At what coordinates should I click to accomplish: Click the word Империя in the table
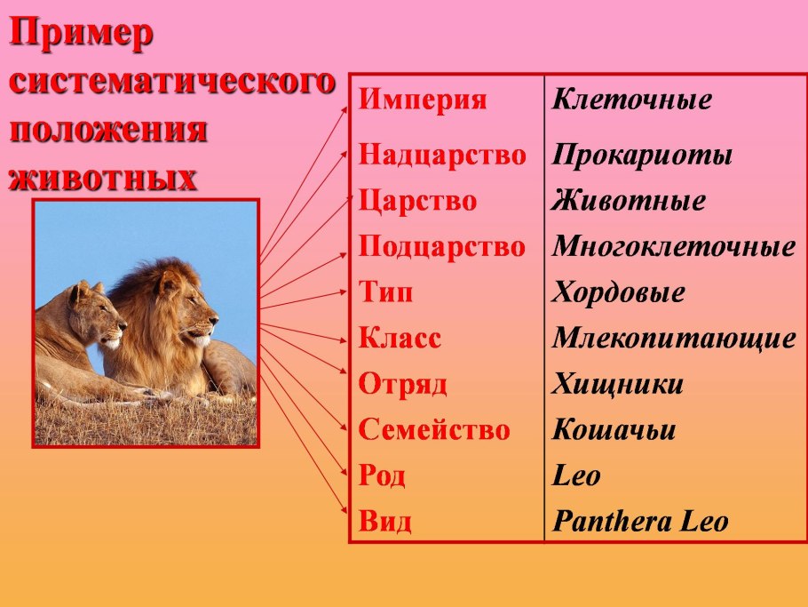click(423, 100)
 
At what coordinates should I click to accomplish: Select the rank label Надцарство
click(442, 155)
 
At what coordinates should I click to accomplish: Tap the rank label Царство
click(417, 201)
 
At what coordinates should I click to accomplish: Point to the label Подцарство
click(442, 246)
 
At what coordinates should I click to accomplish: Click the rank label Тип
click(386, 292)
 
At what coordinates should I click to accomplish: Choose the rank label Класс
click(400, 338)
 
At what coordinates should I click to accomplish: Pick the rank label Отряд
click(402, 384)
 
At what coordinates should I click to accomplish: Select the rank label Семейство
click(434, 429)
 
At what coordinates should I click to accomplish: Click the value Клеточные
click(632, 99)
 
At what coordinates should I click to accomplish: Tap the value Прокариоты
click(642, 156)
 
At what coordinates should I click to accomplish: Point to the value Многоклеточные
click(674, 246)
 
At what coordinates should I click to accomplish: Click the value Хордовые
click(618, 292)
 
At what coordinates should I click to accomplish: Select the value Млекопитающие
click(674, 339)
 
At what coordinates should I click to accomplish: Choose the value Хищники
click(617, 384)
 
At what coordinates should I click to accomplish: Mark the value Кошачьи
click(614, 429)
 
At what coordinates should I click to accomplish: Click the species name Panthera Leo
click(640, 522)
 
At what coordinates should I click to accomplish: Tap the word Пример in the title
click(82, 35)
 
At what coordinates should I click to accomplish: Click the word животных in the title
click(103, 178)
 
